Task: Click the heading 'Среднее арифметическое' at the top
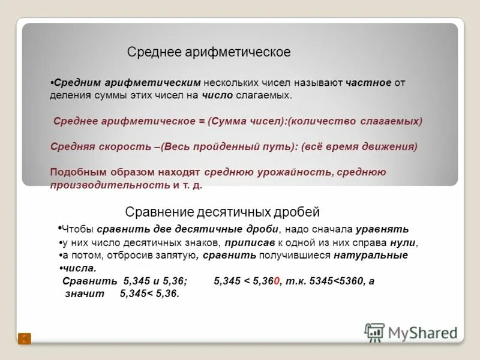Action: [x=209, y=52]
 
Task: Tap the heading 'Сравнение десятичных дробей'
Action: [x=222, y=212]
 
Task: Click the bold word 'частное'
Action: [x=368, y=82]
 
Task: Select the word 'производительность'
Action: [x=110, y=185]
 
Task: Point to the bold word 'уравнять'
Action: [x=382, y=229]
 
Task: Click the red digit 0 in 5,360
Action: [x=277, y=281]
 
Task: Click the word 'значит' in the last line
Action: [x=85, y=293]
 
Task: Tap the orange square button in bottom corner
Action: [x=25, y=338]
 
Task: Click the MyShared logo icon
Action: [x=374, y=332]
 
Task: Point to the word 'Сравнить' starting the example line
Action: [x=90, y=281]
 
